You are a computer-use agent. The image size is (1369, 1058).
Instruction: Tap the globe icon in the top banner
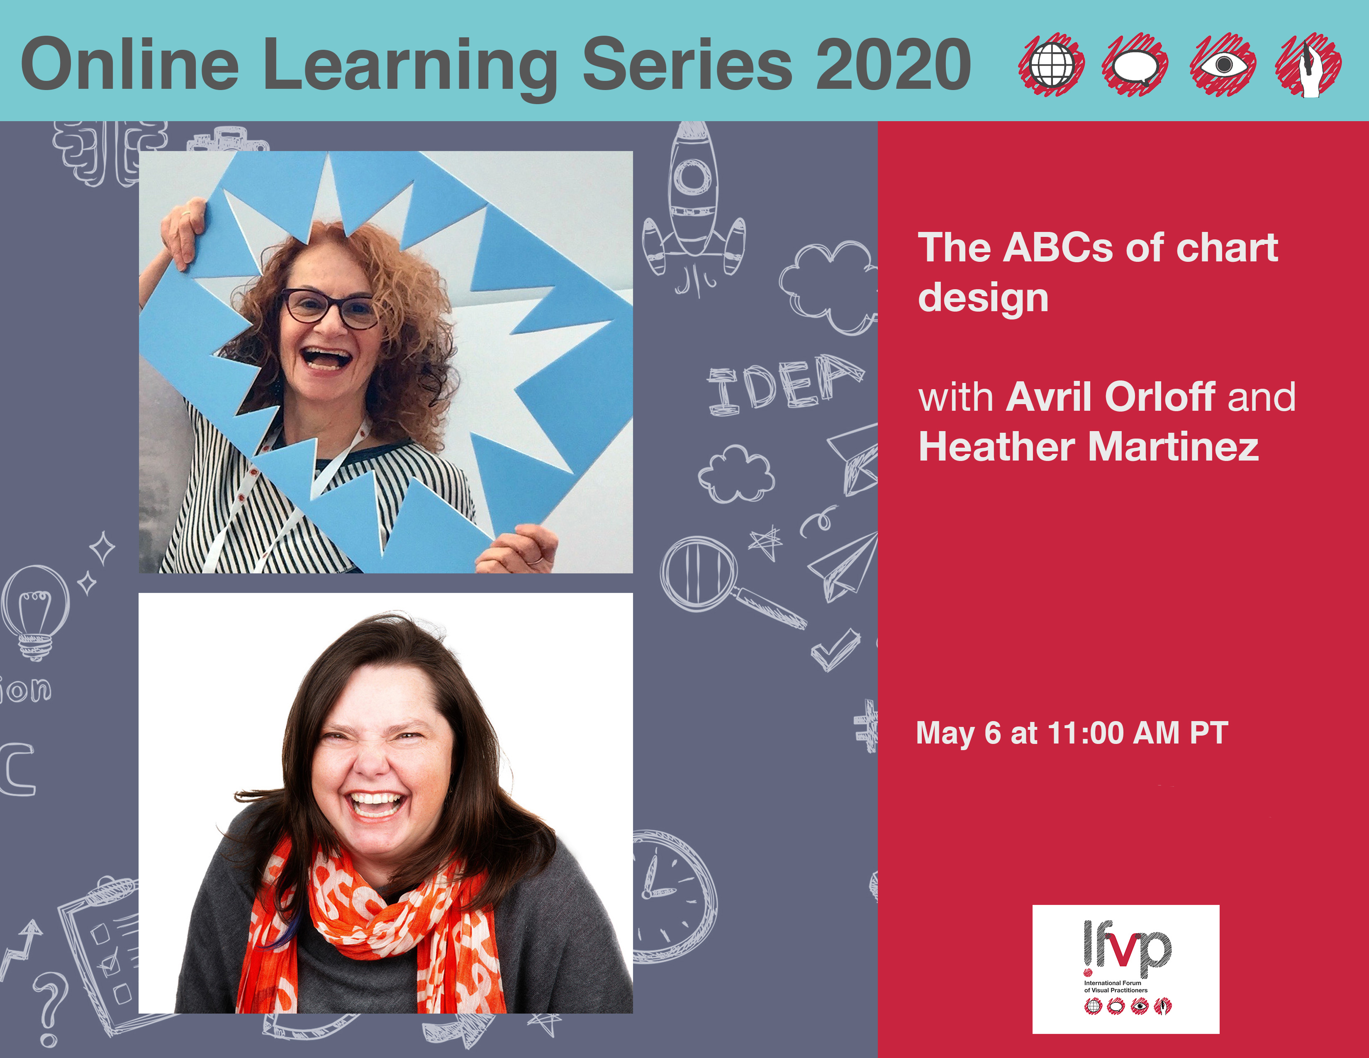click(x=1051, y=65)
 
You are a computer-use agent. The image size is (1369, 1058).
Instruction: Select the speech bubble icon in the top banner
click(x=1135, y=65)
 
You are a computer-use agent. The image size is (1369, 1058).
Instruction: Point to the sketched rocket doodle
click(x=693, y=204)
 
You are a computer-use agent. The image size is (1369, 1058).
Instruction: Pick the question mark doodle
click(x=50, y=1009)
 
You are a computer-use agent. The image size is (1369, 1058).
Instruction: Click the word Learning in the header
click(x=411, y=66)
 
